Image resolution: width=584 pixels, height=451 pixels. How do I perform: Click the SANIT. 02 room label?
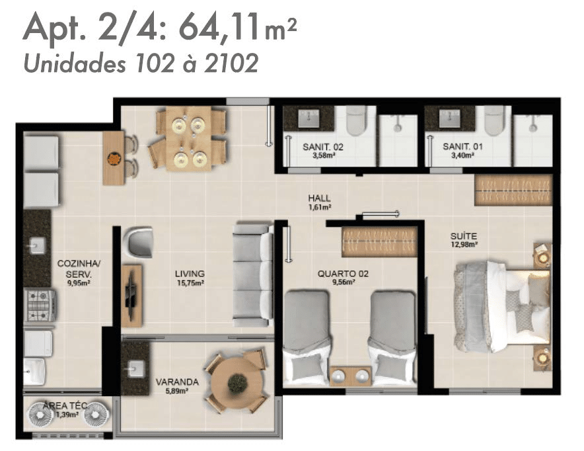[323, 147]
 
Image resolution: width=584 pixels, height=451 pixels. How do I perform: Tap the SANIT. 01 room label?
[462, 147]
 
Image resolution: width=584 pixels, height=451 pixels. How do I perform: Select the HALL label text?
[319, 198]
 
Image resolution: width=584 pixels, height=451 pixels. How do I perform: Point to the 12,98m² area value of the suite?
[464, 245]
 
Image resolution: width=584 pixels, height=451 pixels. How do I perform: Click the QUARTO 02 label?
[343, 274]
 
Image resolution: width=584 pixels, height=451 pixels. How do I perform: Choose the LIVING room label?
[190, 274]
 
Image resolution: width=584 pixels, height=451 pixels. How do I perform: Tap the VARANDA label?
[177, 382]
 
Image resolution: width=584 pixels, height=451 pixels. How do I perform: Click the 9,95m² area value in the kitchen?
[78, 283]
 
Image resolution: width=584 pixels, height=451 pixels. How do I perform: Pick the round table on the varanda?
[236, 381]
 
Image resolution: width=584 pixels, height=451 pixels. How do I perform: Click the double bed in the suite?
[501, 306]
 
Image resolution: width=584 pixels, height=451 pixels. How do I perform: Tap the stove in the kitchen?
[40, 306]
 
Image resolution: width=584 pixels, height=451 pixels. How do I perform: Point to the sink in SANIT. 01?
[449, 118]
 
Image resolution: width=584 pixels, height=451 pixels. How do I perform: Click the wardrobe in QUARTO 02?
[379, 242]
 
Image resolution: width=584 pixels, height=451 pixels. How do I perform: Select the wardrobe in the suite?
[513, 190]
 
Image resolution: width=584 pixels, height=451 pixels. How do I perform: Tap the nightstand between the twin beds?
[350, 376]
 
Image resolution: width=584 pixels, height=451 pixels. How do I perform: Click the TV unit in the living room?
[132, 296]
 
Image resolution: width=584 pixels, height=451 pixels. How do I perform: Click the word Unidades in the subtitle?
[75, 63]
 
